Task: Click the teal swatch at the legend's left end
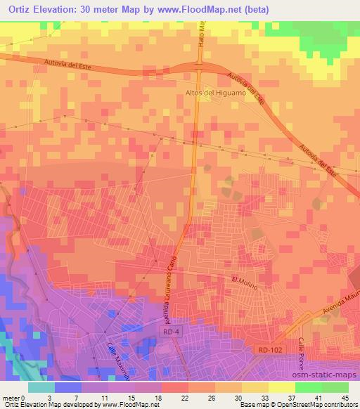pos(42,387)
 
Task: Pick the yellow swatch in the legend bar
pos(281,387)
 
